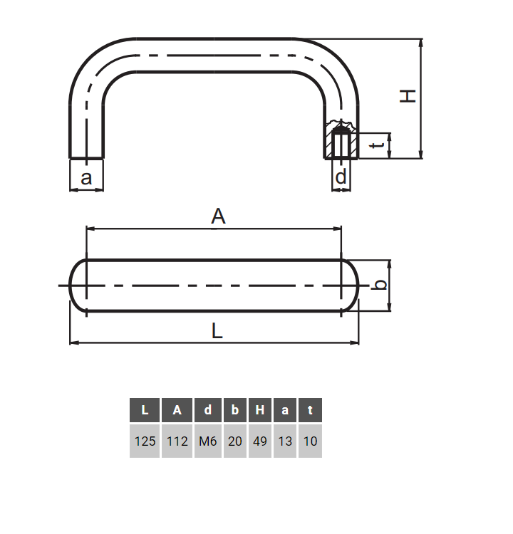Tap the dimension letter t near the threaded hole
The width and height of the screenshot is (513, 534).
point(380,146)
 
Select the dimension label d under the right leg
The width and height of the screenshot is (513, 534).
point(342,177)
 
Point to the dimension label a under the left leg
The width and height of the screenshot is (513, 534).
point(86,177)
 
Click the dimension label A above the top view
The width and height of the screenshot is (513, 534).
point(218,216)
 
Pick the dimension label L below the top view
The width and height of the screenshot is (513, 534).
point(218,330)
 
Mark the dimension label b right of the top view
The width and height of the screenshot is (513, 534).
point(381,285)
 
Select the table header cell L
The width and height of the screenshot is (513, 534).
point(145,410)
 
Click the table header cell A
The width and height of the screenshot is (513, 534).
point(177,410)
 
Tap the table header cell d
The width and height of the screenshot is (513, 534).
point(207,410)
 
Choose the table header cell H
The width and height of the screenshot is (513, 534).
point(260,410)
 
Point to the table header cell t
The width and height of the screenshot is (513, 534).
point(310,410)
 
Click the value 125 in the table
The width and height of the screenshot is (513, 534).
point(145,441)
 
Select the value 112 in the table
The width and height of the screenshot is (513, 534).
point(177,441)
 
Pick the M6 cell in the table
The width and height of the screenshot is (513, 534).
point(207,441)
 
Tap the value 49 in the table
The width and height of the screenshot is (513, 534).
point(260,441)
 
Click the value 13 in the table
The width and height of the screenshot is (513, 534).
point(285,441)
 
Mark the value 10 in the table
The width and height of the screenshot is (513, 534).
point(310,441)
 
